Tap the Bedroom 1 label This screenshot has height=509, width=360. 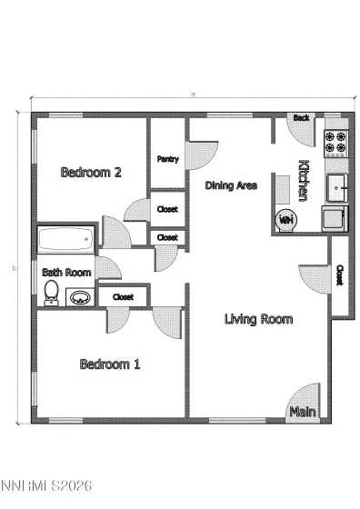[x=110, y=364]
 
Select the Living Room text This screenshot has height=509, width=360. [x=259, y=318]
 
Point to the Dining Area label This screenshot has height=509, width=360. [x=231, y=185]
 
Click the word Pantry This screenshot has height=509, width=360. [x=167, y=159]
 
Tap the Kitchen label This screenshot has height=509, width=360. [x=304, y=180]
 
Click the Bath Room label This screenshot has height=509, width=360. [x=66, y=272]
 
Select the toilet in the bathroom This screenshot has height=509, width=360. [x=52, y=293]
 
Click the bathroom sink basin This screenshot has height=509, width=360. [x=80, y=296]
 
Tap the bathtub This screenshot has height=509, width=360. [x=66, y=241]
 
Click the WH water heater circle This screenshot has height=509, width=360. [x=285, y=219]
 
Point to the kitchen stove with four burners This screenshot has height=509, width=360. [x=336, y=140]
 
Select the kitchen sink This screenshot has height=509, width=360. [x=337, y=187]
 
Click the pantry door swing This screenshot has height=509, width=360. [x=201, y=152]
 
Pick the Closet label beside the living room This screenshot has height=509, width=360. [x=339, y=274]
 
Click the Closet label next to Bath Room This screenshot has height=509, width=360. [x=124, y=297]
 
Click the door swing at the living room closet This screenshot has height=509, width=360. [x=314, y=277]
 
